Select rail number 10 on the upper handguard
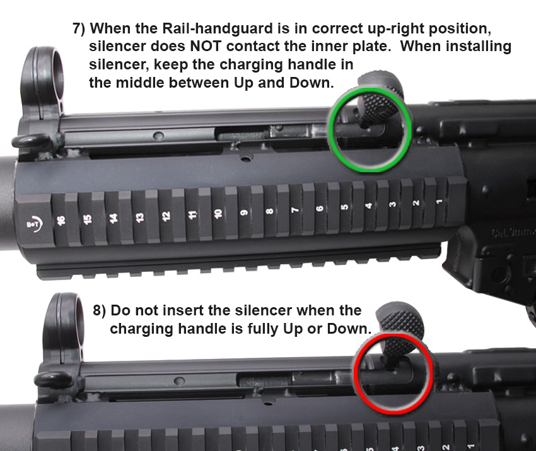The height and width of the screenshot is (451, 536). point(218,213)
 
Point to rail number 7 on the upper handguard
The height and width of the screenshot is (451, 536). point(295,209)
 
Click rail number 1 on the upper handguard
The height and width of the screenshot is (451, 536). point(440,201)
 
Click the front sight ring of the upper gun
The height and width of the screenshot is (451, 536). point(42,82)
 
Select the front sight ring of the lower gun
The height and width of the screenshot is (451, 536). point(64,328)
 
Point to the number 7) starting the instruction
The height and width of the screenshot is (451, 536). point(79,28)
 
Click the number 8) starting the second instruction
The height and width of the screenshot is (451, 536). point(99,310)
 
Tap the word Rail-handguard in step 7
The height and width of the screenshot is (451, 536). point(217,29)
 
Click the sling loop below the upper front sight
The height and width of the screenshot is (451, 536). point(32,141)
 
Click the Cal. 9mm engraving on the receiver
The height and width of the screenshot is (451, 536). point(513,233)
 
